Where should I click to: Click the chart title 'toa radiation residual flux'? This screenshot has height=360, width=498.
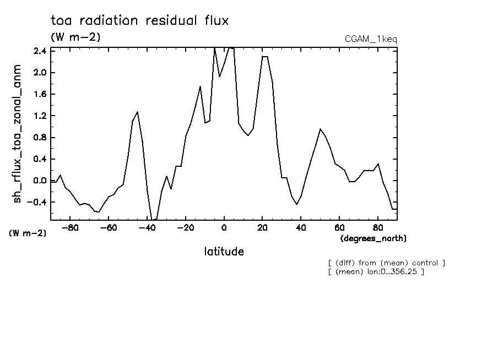(x=139, y=21)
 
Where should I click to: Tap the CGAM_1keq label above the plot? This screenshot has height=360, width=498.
(x=370, y=39)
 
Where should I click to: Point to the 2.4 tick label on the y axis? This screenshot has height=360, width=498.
(x=39, y=51)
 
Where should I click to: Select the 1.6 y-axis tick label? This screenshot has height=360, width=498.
(x=39, y=94)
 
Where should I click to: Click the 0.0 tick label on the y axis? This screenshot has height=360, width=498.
(x=39, y=181)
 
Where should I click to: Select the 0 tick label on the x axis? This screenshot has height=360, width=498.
(x=224, y=227)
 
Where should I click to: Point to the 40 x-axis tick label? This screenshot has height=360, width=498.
(x=301, y=227)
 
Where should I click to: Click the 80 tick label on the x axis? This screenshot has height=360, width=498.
(x=378, y=227)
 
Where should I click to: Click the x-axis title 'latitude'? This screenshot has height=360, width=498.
(x=224, y=252)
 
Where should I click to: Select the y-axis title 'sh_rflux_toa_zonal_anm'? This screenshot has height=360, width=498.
(x=18, y=133)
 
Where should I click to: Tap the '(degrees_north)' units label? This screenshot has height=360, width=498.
(x=373, y=238)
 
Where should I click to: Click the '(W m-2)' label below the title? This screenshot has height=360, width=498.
(x=75, y=37)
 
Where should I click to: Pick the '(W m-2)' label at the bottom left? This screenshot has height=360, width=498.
(x=28, y=233)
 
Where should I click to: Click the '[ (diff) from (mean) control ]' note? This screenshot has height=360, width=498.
(x=386, y=263)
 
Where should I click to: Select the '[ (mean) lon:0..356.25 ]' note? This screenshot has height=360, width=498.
(x=376, y=271)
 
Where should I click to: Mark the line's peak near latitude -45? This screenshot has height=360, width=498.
(x=137, y=112)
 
